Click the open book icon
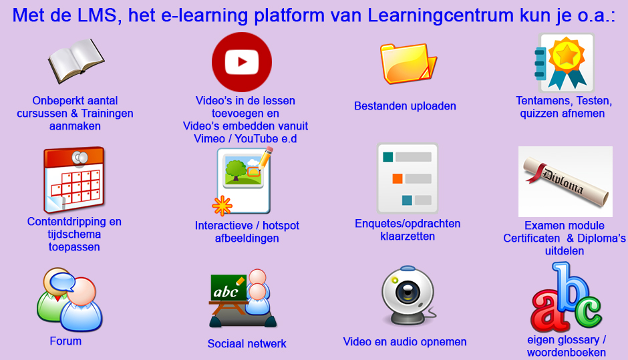(76, 61)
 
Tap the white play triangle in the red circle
(243, 62)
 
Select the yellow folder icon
(408, 63)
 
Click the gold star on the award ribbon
(566, 55)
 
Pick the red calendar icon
(74, 180)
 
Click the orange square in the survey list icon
(398, 178)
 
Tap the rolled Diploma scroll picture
(565, 181)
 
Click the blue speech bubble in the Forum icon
(62, 281)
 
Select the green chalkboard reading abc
(228, 288)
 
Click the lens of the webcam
(408, 292)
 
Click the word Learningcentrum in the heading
(440, 15)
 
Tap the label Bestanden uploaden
(405, 106)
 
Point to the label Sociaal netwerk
(247, 343)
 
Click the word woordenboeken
(567, 353)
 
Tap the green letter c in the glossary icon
(589, 311)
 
